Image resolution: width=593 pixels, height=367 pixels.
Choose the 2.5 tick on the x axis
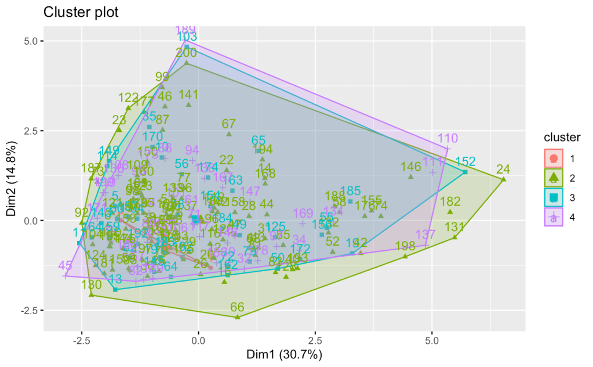[316, 339]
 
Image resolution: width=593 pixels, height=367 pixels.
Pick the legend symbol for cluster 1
[554, 158]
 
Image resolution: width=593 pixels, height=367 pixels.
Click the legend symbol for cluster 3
[554, 197]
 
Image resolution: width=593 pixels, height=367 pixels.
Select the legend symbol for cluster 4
[554, 218]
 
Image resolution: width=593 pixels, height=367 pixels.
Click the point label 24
[503, 170]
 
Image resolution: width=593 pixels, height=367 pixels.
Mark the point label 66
[237, 307]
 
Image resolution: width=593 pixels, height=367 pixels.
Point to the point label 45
[66, 266]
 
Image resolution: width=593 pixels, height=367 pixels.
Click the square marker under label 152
[465, 172]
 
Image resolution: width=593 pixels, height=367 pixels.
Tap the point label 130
[92, 285]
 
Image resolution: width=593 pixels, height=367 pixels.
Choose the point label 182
[450, 202]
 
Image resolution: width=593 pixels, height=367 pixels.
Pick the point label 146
[410, 167]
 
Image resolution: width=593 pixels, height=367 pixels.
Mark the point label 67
[229, 124]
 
